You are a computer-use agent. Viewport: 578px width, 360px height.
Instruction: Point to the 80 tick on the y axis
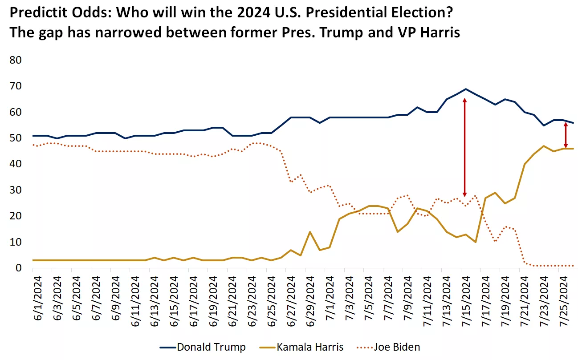click(x=18, y=60)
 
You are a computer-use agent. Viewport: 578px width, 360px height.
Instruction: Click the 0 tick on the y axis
click(x=18, y=268)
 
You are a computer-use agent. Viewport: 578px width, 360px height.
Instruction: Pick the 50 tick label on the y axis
click(x=18, y=138)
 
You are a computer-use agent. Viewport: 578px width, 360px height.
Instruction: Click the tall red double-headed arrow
click(x=465, y=147)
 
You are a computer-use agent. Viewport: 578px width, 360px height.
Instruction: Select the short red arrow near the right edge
click(x=566, y=135)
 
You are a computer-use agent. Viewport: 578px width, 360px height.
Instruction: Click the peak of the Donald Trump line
click(x=466, y=89)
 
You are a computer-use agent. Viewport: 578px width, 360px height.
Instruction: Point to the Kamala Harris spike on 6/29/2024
click(x=309, y=232)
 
